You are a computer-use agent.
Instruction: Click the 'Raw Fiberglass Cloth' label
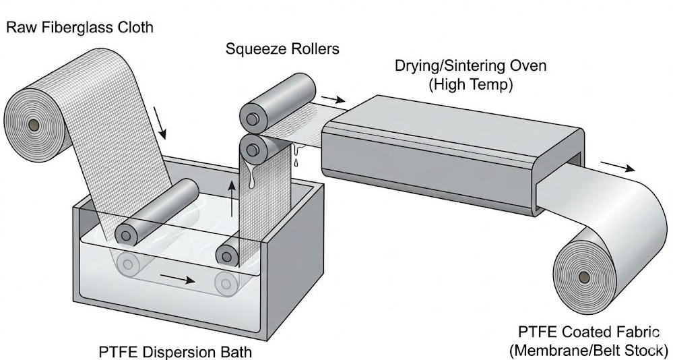point(79,28)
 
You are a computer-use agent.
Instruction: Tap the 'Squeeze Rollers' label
point(282,49)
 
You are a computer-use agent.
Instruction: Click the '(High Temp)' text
point(470,85)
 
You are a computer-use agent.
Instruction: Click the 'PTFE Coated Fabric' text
point(584,332)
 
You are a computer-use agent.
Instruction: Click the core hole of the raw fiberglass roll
point(31,125)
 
